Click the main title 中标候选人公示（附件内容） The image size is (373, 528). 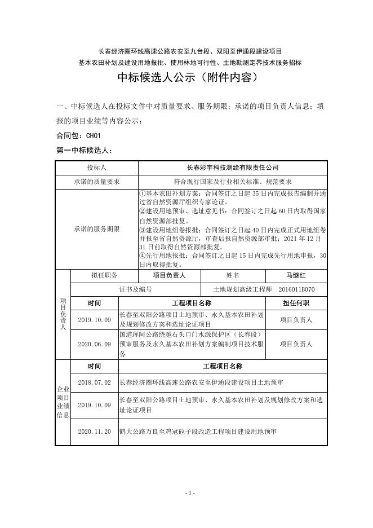[x=186, y=78]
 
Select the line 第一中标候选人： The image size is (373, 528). [x=85, y=151]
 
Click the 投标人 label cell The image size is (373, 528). [x=96, y=168]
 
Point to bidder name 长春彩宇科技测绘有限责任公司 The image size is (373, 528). [x=232, y=168]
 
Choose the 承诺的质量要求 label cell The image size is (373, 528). [x=96, y=182]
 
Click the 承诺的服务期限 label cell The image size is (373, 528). [x=96, y=229]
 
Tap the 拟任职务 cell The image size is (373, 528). [x=104, y=275]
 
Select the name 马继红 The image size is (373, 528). [x=296, y=275]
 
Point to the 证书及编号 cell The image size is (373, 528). [x=136, y=289]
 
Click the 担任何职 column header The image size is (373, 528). [x=296, y=303]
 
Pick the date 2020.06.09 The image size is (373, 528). [x=94, y=344]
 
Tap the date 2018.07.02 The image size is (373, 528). [x=94, y=382]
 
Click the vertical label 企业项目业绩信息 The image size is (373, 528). [x=62, y=402]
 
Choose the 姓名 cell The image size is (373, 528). [x=233, y=275]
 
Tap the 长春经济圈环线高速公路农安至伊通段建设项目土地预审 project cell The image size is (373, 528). [x=201, y=382]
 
